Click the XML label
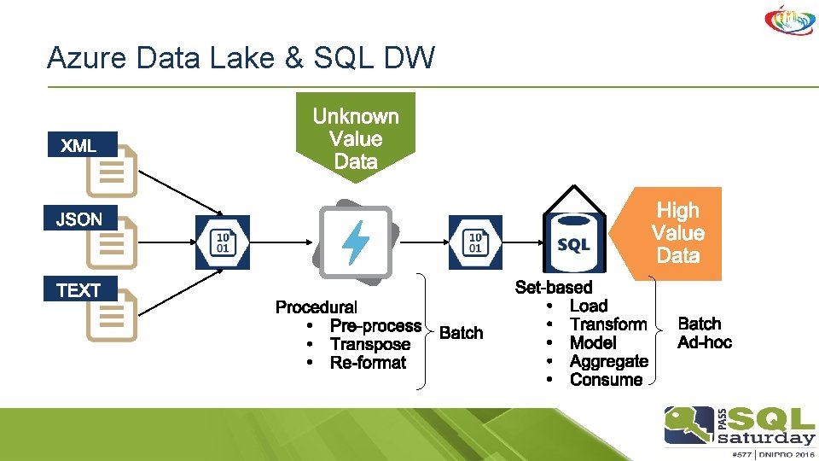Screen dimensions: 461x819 (x=78, y=146)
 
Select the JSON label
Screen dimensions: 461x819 (x=78, y=219)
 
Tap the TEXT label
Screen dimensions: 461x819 (x=78, y=290)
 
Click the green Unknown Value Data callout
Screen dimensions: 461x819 (x=356, y=137)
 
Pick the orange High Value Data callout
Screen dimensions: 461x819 (x=677, y=232)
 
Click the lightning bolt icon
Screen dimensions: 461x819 (x=355, y=242)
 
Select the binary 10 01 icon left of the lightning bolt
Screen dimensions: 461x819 (x=223, y=242)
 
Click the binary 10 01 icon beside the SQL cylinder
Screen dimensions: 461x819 (x=475, y=242)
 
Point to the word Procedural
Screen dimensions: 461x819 (x=316, y=307)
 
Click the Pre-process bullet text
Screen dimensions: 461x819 (x=375, y=326)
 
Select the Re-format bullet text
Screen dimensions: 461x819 (x=368, y=363)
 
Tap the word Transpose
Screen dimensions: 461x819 (x=369, y=344)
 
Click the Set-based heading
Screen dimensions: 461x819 (x=554, y=288)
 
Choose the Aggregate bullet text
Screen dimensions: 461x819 (x=608, y=361)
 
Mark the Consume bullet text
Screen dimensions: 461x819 (x=606, y=380)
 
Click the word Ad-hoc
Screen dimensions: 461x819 (x=704, y=342)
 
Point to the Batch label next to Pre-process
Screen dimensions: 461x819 (x=461, y=333)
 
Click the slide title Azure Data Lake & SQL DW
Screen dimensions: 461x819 (x=241, y=58)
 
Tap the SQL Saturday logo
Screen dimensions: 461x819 (x=739, y=429)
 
